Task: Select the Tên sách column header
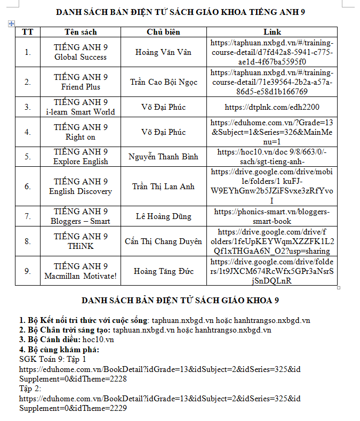(81, 32)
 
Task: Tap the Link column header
(272, 32)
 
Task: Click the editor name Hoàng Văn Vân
(164, 52)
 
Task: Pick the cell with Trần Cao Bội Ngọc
(164, 82)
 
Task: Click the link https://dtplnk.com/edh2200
(272, 107)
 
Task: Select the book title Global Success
(81, 57)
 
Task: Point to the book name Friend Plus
(81, 87)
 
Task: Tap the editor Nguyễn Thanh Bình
(164, 157)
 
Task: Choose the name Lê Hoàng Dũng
(164, 216)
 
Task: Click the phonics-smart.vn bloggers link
(272, 216)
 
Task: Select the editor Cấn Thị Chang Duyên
(164, 241)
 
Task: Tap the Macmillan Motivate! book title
(81, 276)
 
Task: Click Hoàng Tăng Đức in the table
(164, 271)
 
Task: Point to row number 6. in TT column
(28, 187)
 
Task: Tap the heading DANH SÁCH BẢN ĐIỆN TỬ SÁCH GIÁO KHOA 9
(180, 301)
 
